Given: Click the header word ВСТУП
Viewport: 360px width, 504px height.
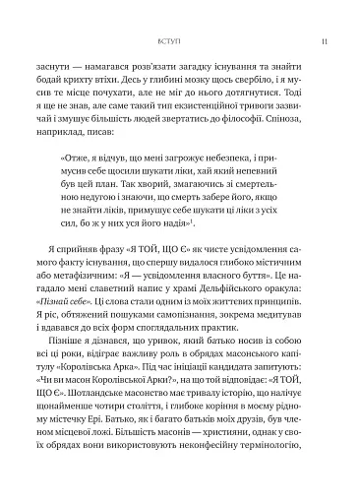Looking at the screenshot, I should pyautogui.click(x=169, y=42).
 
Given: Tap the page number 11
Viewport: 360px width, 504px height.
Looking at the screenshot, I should pyautogui.click(x=310, y=42).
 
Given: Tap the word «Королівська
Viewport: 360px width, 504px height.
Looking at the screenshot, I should pyautogui.click(x=95, y=389).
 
